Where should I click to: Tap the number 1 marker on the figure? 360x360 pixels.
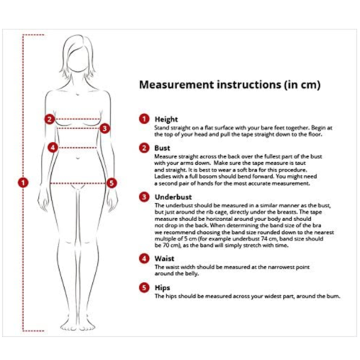24,183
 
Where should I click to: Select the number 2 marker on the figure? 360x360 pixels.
49,120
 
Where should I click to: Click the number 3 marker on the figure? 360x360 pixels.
104,129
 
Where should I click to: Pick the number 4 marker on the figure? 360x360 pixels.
53,148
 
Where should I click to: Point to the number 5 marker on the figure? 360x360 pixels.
112,183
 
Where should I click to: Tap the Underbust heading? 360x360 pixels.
171,196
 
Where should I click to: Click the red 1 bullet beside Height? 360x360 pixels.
144,119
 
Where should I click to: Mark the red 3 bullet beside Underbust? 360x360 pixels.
144,196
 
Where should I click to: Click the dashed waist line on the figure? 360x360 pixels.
78,148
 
